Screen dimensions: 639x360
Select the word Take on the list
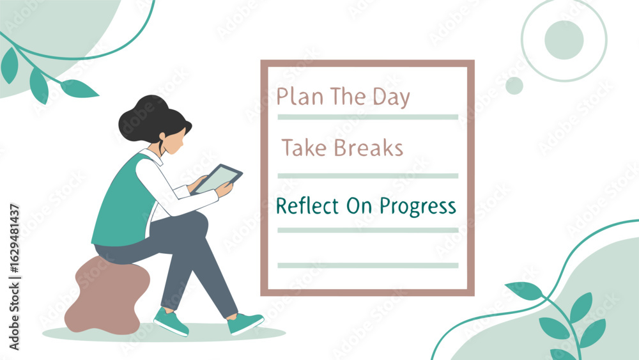(x=304, y=147)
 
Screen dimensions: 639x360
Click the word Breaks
(x=369, y=147)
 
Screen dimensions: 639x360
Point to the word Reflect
(x=307, y=206)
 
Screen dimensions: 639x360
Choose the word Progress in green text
(x=418, y=207)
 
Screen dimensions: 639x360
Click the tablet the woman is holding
(x=218, y=178)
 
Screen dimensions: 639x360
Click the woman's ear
(x=162, y=136)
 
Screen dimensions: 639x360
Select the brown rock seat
(x=107, y=294)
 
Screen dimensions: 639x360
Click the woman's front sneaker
(x=245, y=322)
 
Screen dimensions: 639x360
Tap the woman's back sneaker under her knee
(x=171, y=322)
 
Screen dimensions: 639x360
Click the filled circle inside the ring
(x=564, y=40)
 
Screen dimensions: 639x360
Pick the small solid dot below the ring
(x=514, y=86)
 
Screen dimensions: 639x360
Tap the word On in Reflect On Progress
(x=359, y=206)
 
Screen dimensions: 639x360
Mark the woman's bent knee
(x=199, y=222)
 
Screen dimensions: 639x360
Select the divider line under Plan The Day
(x=368, y=117)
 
